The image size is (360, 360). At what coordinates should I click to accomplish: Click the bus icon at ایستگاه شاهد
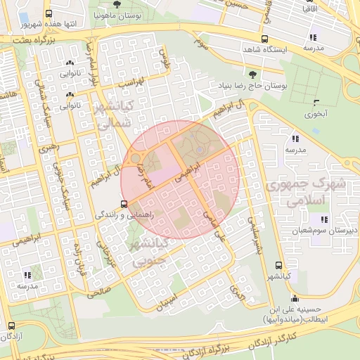264,39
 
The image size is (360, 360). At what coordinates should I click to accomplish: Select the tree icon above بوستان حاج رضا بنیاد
252,73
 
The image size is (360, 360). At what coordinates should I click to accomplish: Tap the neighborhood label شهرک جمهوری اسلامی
307,192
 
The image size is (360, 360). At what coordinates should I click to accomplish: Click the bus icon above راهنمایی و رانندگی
124,205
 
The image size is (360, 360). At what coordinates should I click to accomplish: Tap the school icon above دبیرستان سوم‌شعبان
312,219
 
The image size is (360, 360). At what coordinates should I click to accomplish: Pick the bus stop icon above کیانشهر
279,265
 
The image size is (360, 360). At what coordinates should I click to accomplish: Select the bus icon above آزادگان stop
11,326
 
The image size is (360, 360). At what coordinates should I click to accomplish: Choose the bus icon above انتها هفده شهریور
48,13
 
